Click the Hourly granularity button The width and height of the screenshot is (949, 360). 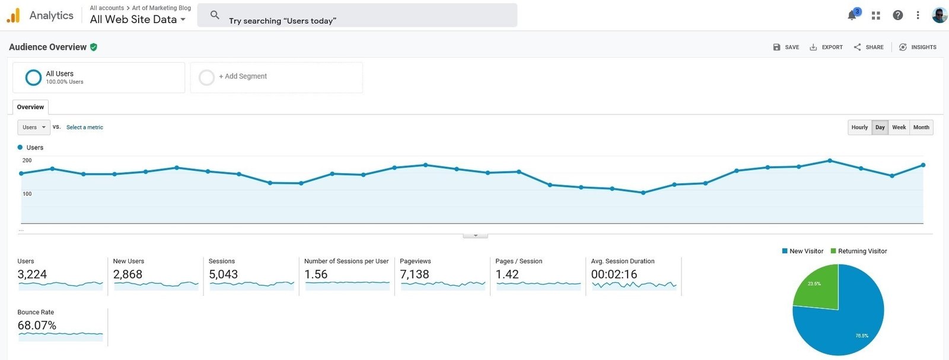coord(859,127)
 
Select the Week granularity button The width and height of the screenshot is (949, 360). coord(899,127)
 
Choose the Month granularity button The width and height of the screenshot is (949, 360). coord(921,127)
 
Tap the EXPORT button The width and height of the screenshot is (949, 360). coord(826,47)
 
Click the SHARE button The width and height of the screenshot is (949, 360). coord(868,47)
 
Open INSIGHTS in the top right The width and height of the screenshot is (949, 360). coord(918,47)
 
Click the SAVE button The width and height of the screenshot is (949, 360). coord(786,47)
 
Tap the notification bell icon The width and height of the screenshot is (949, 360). coord(852,15)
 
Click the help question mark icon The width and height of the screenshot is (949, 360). coord(898,15)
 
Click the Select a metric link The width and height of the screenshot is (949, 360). coord(85,127)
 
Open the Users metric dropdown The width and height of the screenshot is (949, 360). coord(34,127)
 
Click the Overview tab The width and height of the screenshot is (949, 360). coord(30,107)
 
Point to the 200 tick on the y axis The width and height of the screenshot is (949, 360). coord(27,161)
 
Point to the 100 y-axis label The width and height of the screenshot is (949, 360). coord(27,194)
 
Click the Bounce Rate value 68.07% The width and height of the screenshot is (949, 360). coord(37,325)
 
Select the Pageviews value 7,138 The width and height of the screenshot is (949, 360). coord(415,275)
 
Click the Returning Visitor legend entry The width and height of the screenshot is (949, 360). coord(859,251)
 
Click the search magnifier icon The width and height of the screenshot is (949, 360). coord(215,15)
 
